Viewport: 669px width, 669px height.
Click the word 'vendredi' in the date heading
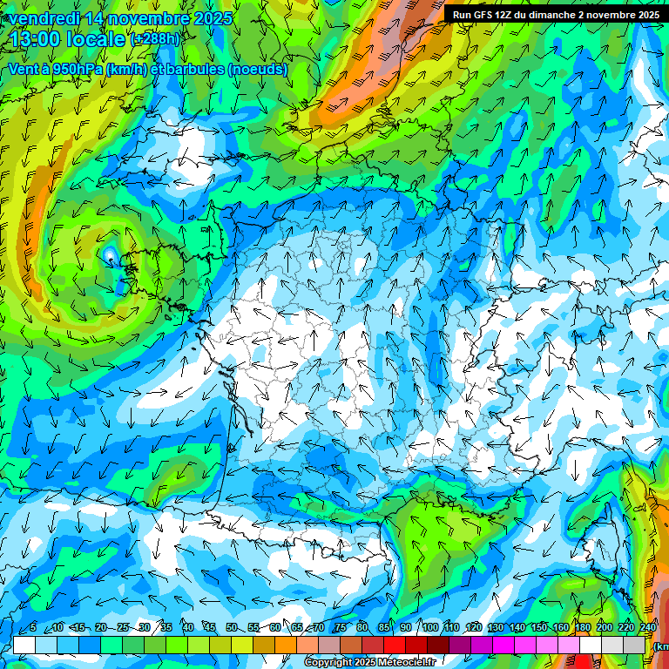click(44, 18)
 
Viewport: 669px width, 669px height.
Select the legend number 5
click(33, 627)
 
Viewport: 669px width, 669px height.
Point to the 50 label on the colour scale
click(232, 627)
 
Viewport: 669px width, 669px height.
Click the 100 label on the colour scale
click(430, 627)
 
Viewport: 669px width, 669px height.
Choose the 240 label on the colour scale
click(648, 627)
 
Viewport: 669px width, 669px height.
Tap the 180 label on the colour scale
click(583, 627)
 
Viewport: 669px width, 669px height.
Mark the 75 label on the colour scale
click(341, 627)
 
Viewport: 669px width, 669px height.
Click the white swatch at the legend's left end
click(24, 645)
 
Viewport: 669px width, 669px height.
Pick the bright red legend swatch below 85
click(394, 645)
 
